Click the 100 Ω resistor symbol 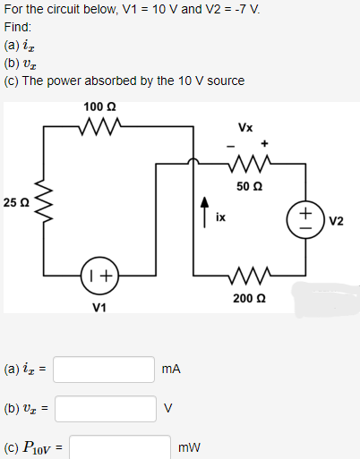pyautogui.click(x=94, y=127)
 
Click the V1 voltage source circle pyautogui.click(x=99, y=276)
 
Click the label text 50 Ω pyautogui.click(x=249, y=186)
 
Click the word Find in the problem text pyautogui.click(x=17, y=28)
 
